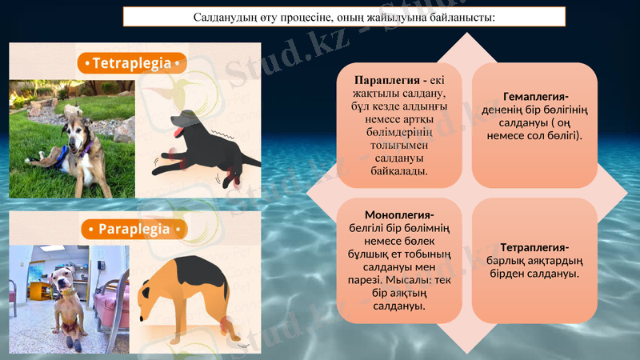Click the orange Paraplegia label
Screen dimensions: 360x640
(134, 230)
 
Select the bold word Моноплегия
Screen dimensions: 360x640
(398, 215)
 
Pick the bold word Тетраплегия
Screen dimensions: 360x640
(534, 246)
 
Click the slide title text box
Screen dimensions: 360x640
(345, 17)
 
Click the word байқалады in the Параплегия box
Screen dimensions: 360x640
(399, 170)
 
